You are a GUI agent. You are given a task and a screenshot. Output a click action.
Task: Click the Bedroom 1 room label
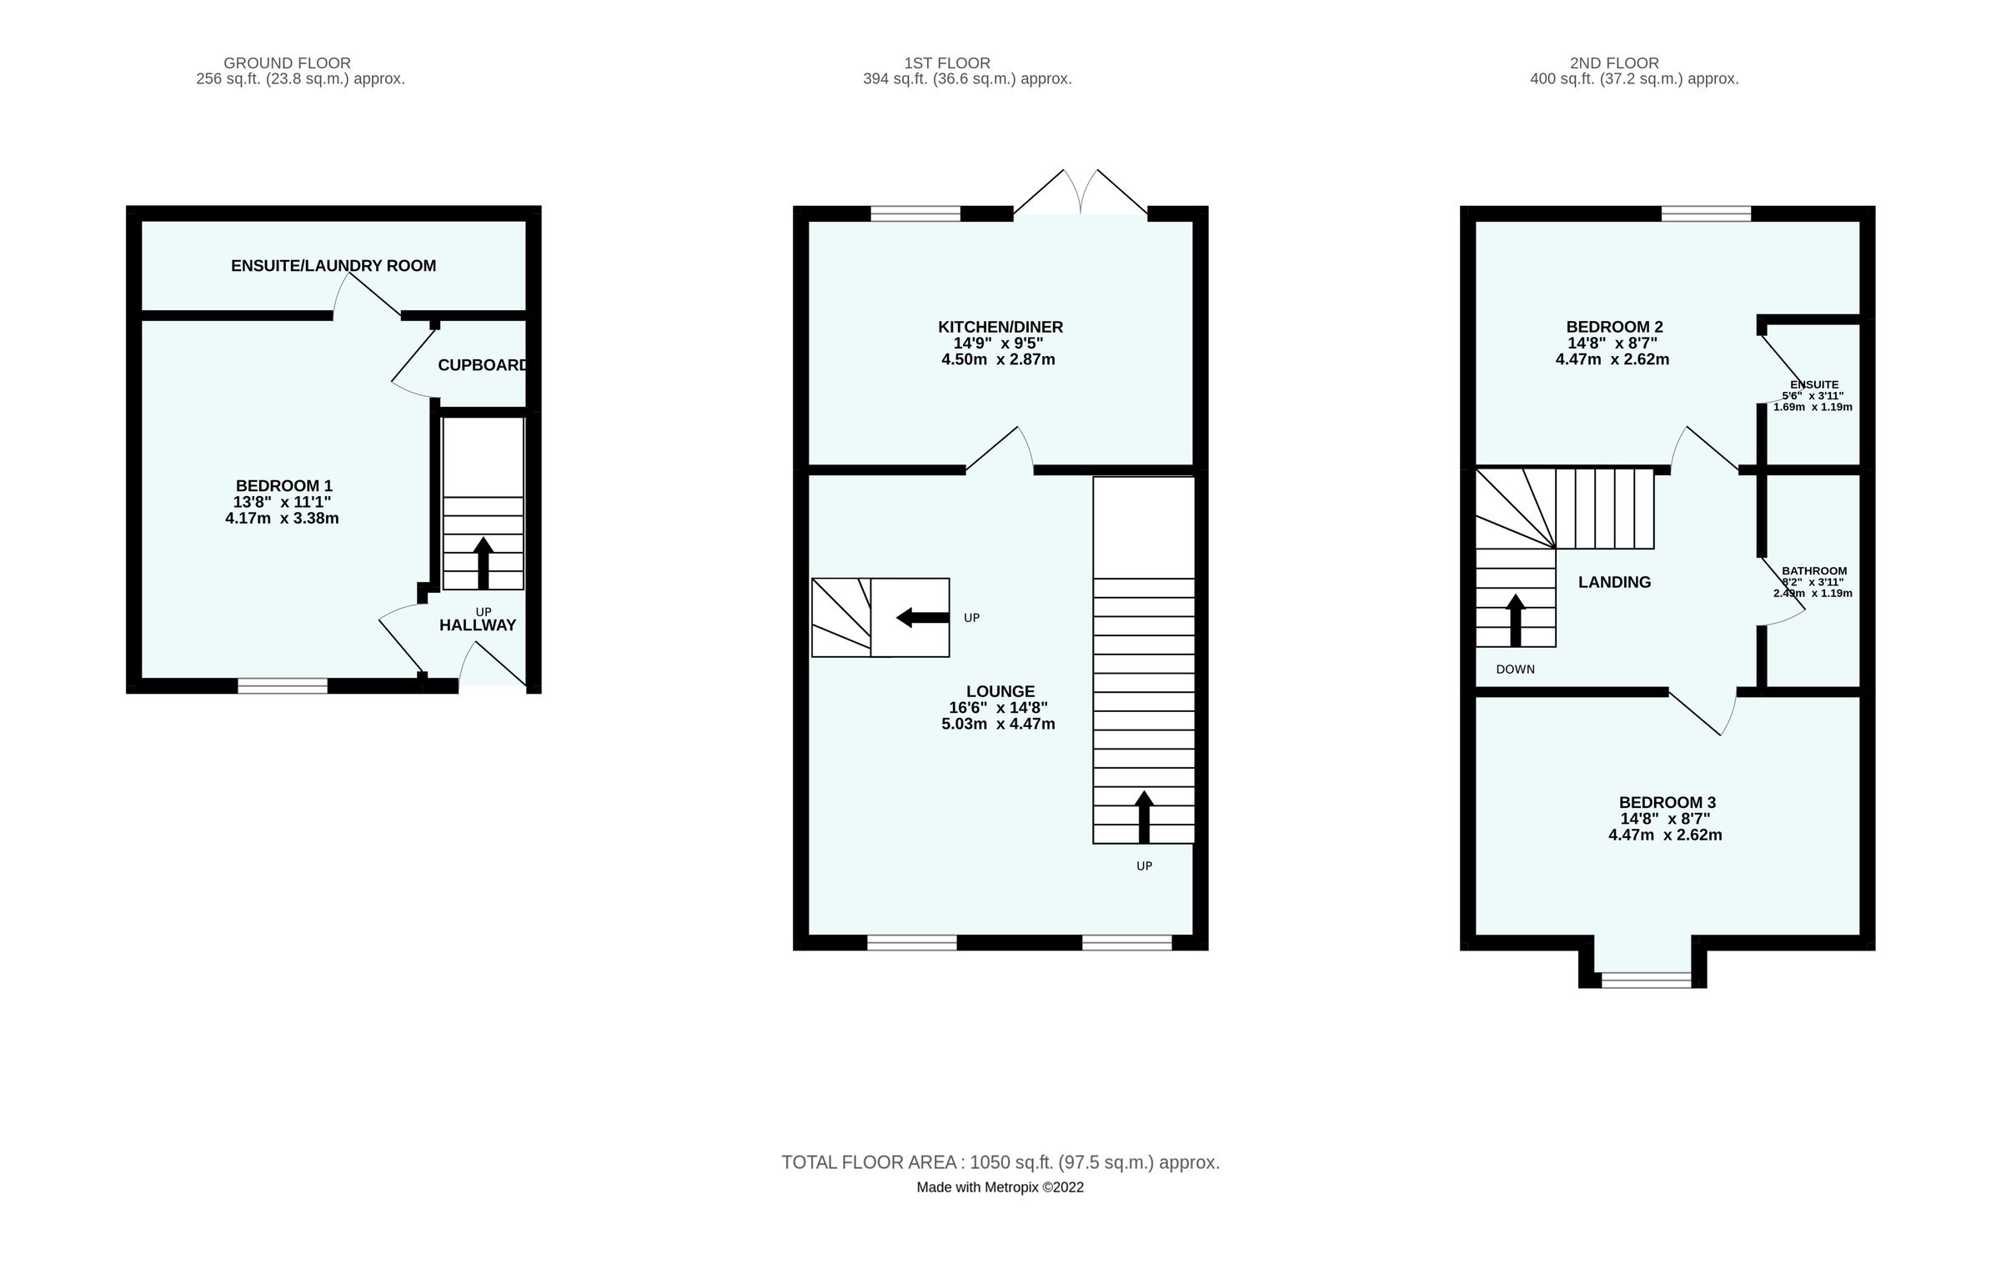coord(283,485)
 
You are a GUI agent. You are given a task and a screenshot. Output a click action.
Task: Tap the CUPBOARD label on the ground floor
coord(483,365)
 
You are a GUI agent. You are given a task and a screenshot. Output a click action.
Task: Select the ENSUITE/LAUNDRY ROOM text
coord(333,266)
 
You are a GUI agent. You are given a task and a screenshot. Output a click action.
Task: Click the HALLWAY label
coord(478,625)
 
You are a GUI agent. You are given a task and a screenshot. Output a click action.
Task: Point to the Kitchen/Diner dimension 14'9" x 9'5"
coord(998,344)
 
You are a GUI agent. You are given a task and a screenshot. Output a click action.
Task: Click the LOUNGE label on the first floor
coord(1000,691)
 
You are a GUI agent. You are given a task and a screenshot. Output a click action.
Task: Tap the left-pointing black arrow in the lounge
coord(922,618)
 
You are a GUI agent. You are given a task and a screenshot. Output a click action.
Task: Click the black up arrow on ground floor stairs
coord(483,563)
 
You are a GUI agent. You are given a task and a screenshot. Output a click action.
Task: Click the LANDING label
coord(1614,583)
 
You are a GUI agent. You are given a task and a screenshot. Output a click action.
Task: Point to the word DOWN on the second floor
coord(1515,670)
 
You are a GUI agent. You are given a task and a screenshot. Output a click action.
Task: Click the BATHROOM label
coord(1814,571)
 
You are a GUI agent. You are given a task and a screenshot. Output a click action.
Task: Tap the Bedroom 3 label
coord(1667,802)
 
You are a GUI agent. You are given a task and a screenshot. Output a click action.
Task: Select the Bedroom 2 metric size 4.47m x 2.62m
coord(1612,360)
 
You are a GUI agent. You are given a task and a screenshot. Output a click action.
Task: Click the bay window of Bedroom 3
coord(1647,980)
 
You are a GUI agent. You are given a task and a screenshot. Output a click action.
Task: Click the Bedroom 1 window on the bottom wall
coord(283,685)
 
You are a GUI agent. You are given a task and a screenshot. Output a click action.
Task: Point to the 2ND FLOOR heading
coord(1614,63)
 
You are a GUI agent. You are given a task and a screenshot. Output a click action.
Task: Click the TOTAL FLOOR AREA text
coord(1000,1162)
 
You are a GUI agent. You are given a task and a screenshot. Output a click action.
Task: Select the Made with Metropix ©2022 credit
coord(1000,1187)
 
